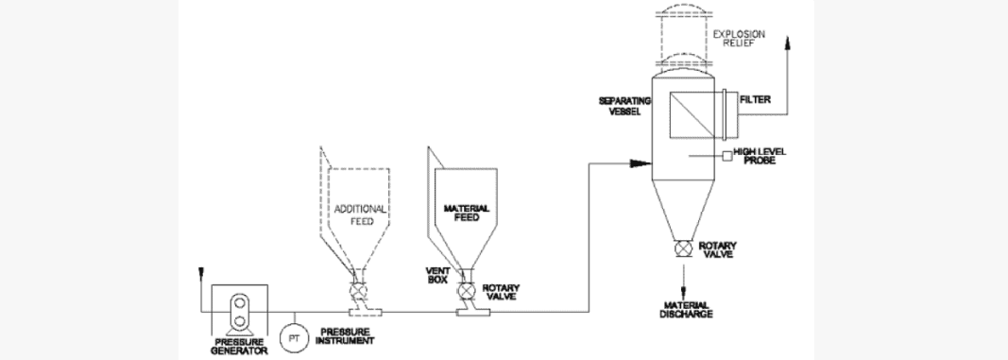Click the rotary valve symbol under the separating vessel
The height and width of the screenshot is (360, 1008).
tap(680, 249)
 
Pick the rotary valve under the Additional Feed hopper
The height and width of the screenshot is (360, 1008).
tap(360, 291)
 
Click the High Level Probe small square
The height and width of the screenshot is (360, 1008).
tap(727, 155)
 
